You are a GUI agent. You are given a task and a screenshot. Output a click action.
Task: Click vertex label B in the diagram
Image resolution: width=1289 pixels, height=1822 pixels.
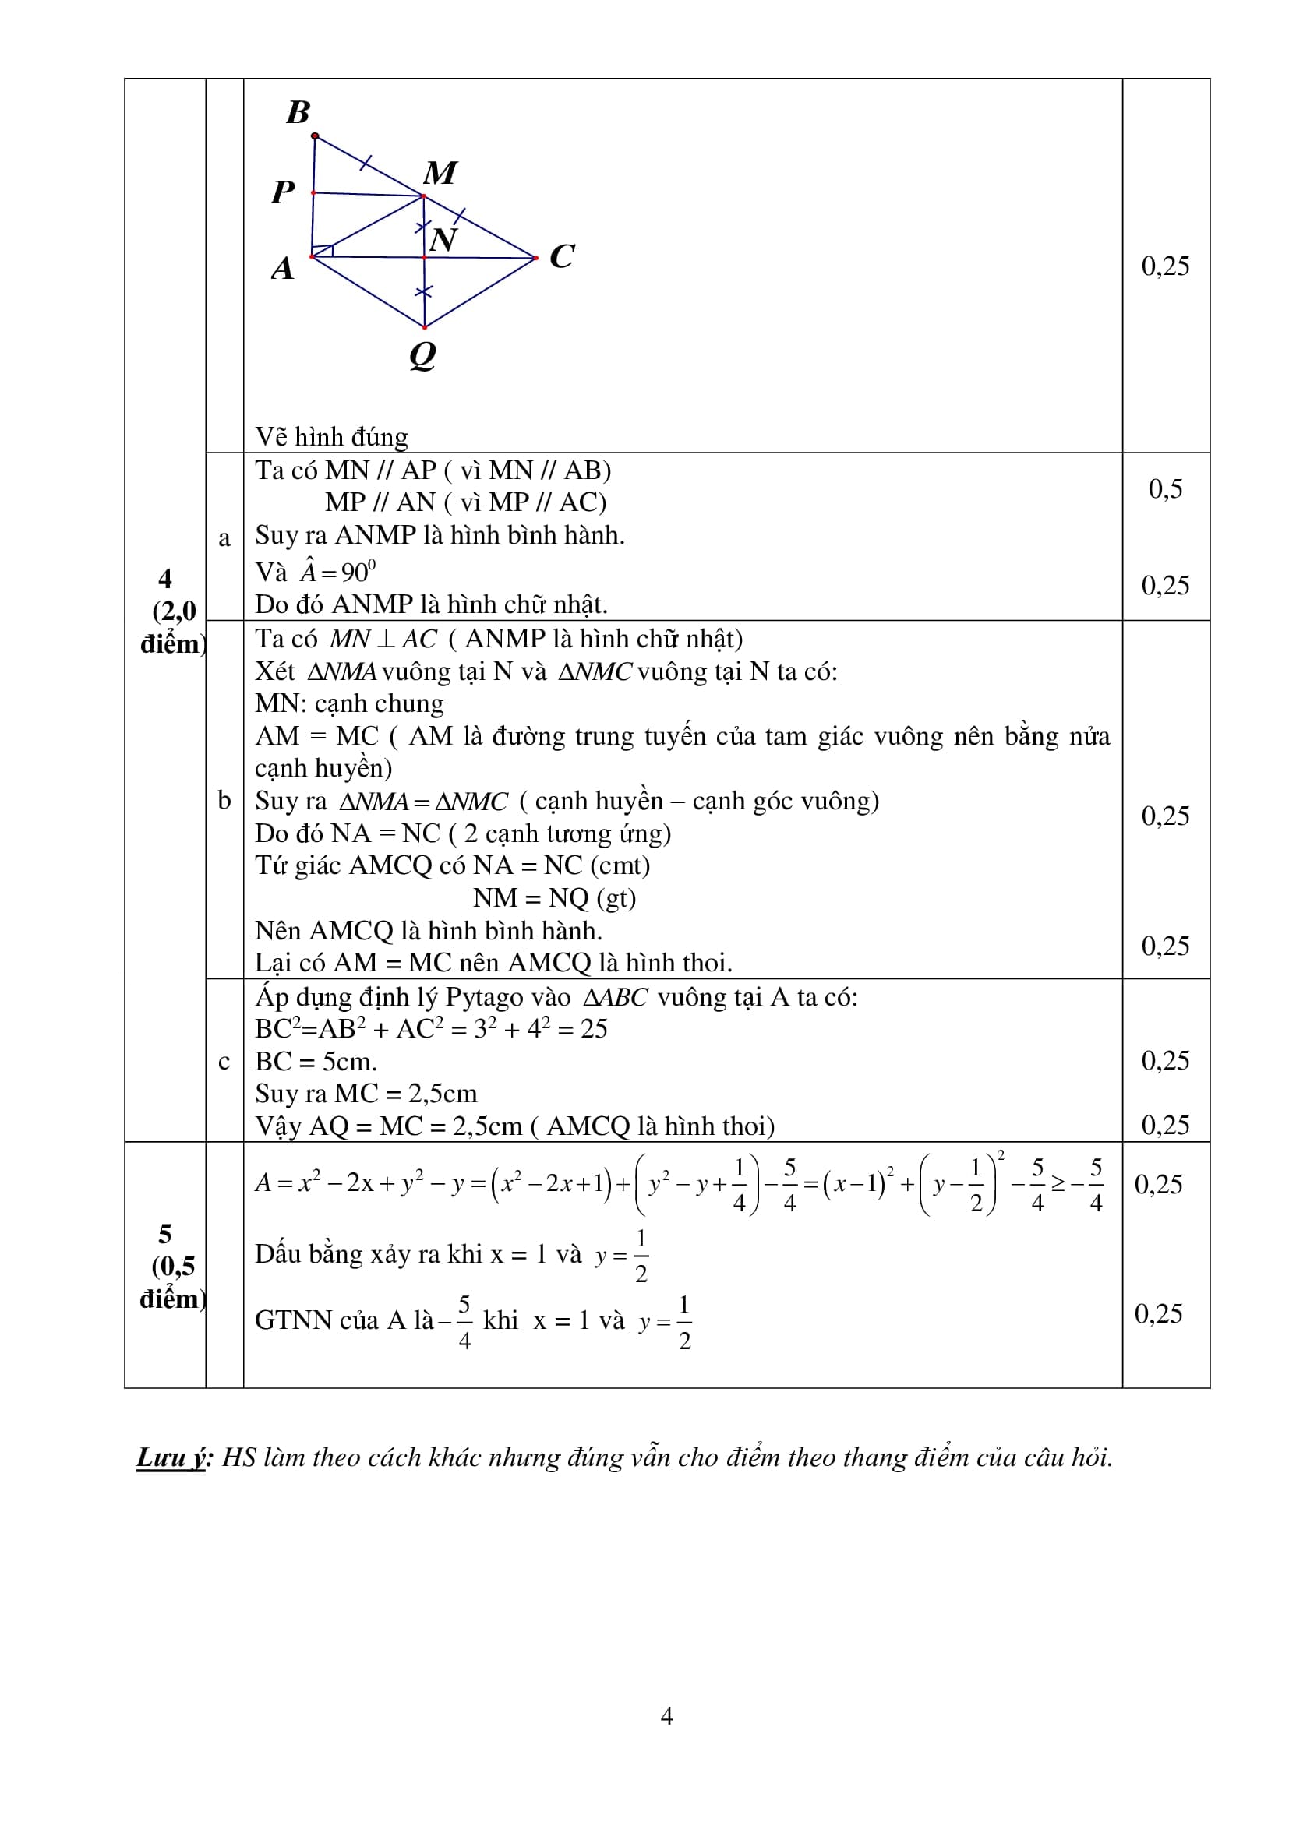pyautogui.click(x=298, y=113)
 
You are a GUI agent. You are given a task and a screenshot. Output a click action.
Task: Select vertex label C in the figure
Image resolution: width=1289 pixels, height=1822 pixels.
pyautogui.click(x=562, y=256)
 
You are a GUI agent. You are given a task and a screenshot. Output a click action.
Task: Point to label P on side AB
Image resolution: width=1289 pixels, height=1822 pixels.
pyautogui.click(x=283, y=192)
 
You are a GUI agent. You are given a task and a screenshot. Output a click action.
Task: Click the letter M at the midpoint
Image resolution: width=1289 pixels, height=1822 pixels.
pyautogui.click(x=440, y=173)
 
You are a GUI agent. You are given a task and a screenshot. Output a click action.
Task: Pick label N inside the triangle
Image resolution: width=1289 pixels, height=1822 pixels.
pyautogui.click(x=443, y=240)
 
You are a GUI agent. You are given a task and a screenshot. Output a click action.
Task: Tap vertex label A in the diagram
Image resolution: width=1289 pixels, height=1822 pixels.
pyautogui.click(x=283, y=269)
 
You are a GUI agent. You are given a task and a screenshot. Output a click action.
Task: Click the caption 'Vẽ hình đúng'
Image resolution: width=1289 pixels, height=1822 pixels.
pyautogui.click(x=332, y=436)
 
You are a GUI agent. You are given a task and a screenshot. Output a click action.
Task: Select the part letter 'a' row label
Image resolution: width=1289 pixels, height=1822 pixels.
pyautogui.click(x=224, y=537)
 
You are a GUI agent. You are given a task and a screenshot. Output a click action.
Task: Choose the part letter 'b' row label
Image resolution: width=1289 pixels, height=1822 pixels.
pyautogui.click(x=224, y=800)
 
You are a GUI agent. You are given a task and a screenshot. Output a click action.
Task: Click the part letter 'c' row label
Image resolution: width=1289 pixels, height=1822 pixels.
pyautogui.click(x=224, y=1061)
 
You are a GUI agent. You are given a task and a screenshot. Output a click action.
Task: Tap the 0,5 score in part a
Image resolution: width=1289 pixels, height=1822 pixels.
pyautogui.click(x=1165, y=489)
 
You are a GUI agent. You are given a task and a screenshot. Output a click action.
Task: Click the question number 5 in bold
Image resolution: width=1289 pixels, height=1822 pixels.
pyautogui.click(x=165, y=1234)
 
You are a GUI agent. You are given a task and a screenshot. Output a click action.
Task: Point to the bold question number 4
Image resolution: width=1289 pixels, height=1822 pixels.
pyautogui.click(x=165, y=578)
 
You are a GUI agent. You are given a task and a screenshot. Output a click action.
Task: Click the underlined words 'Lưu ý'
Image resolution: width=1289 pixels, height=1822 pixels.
pyautogui.click(x=172, y=1457)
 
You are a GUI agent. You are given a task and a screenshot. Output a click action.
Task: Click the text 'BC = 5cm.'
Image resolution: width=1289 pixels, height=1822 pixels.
pyautogui.click(x=316, y=1061)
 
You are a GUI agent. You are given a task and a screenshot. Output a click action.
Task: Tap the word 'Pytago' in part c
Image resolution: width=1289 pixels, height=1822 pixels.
pyautogui.click(x=507, y=997)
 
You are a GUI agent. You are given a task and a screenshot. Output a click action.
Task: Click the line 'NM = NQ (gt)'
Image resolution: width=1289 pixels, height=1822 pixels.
pyautogui.click(x=554, y=897)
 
